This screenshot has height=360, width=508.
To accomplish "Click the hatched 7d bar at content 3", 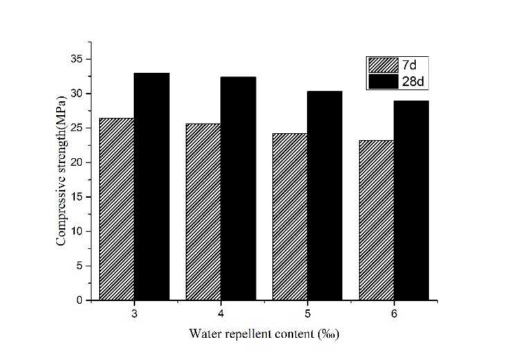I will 116,209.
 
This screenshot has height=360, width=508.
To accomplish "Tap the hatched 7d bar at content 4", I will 203,212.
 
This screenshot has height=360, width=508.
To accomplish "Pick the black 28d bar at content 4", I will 238,188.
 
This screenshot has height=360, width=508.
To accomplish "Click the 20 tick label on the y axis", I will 83,162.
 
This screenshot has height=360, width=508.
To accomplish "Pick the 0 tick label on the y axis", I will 86,300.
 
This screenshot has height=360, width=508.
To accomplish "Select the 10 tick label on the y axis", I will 83,231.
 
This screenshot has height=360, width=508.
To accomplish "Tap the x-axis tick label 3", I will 134,313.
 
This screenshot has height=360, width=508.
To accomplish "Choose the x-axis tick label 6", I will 394,313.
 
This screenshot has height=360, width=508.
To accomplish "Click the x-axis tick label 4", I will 220,313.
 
